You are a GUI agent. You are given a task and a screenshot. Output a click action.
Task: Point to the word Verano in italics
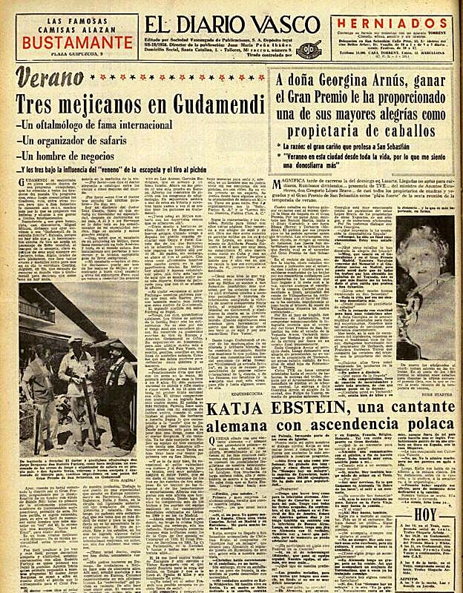coord(49,78)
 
